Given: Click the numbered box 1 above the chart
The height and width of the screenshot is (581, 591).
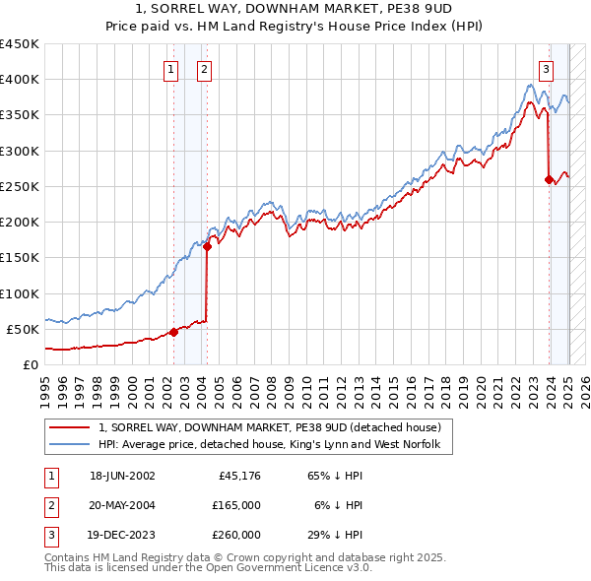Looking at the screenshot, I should pyautogui.click(x=171, y=69).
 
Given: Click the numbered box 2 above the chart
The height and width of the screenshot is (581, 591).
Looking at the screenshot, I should pyautogui.click(x=203, y=69).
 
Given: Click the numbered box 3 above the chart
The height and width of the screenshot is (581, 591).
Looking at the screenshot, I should pyautogui.click(x=546, y=69).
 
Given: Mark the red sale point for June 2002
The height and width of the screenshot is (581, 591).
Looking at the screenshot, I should pyautogui.click(x=174, y=332).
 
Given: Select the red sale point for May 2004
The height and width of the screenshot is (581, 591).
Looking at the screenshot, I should pyautogui.click(x=207, y=247).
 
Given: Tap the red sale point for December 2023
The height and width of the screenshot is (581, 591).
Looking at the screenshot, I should pyautogui.click(x=549, y=179).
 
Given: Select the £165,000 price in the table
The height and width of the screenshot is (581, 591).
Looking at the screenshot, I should pyautogui.click(x=236, y=505).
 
